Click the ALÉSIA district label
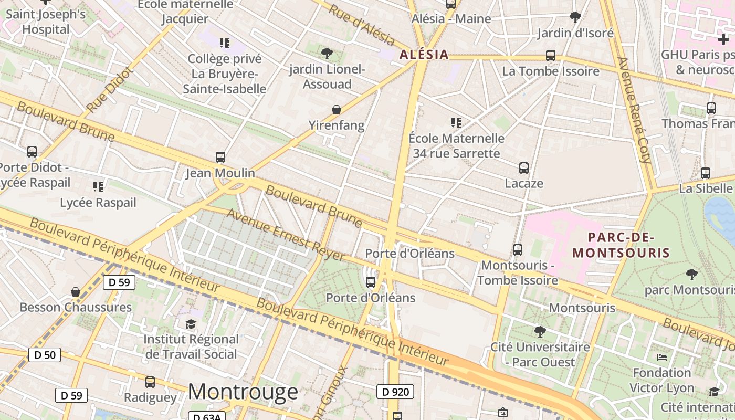pos(424,55)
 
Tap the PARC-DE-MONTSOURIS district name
pos(621,245)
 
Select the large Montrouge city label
pos(243,392)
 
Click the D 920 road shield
pos(395,391)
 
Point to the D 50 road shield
pos(45,355)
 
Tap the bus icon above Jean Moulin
pos(220,157)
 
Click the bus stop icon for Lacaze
pos(523,168)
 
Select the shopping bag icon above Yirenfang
pos(336,110)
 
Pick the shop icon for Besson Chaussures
pos(76,292)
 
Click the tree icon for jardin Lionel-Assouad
pos(327,53)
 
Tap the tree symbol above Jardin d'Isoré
pos(575,17)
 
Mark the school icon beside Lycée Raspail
pos(98,186)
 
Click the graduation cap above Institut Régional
pos(191,324)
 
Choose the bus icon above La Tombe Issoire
pos(550,55)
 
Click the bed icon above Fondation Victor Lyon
pos(661,358)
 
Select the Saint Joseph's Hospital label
pos(46,22)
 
